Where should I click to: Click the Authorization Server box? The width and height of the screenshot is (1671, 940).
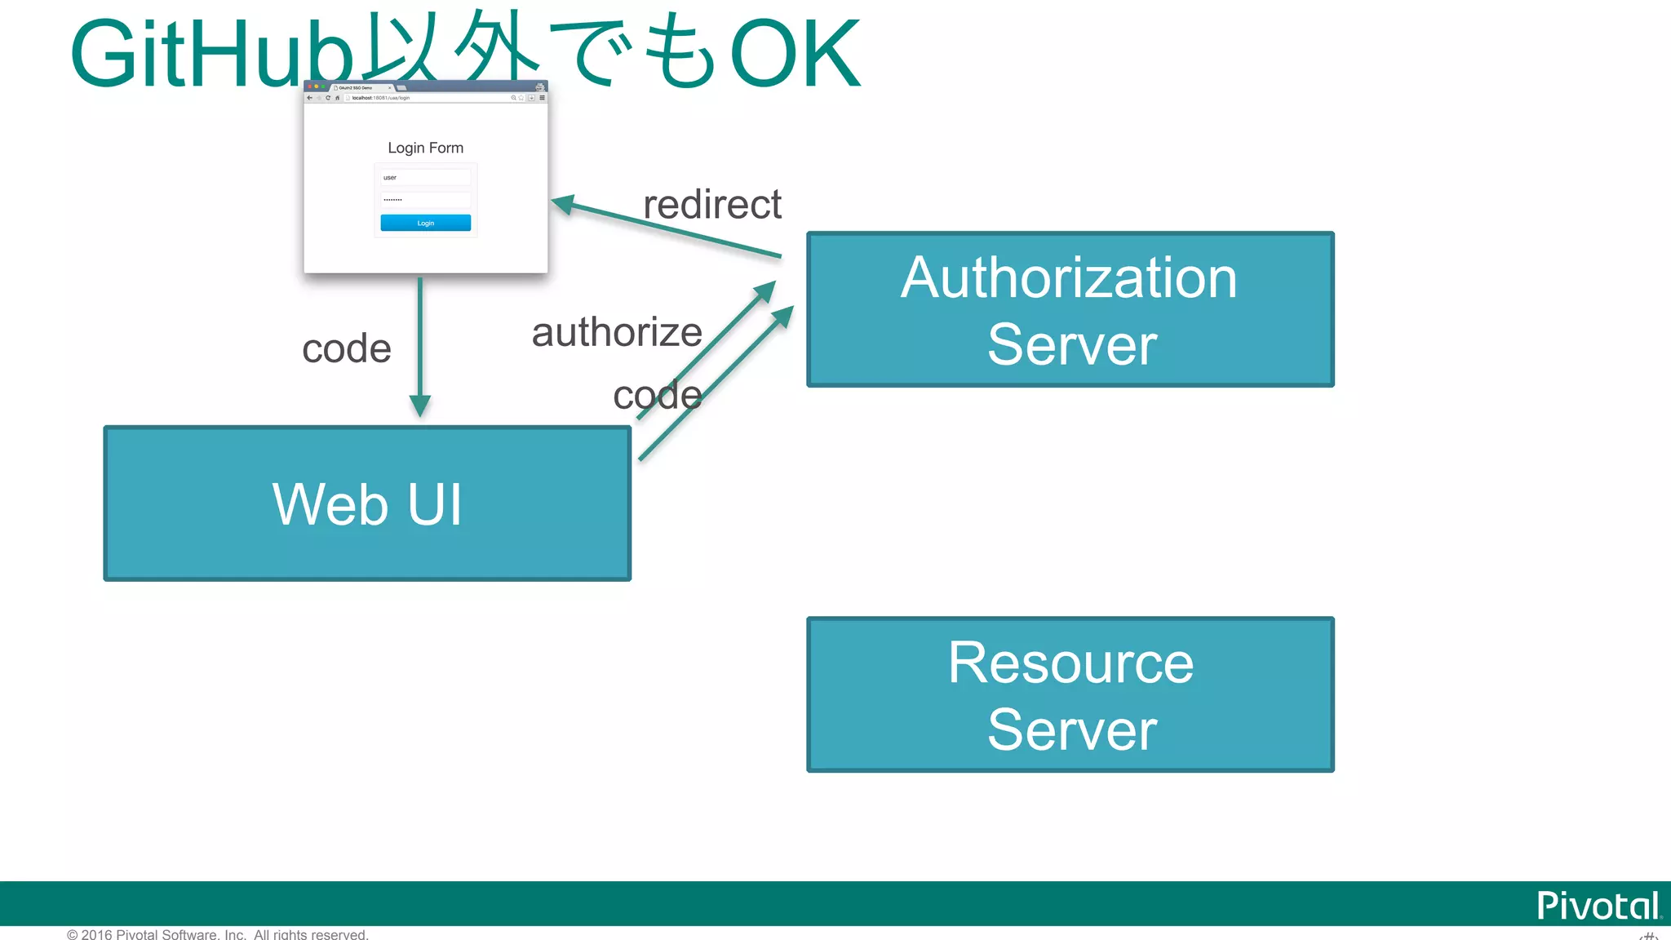click(x=1070, y=309)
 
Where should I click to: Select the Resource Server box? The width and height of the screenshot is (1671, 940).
click(x=1070, y=694)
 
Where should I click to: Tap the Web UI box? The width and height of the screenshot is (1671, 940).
click(x=367, y=503)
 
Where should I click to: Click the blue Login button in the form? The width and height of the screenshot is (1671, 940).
click(x=425, y=223)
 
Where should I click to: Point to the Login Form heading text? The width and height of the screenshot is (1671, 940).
click(x=425, y=148)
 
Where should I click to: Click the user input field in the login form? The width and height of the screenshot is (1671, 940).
click(x=425, y=177)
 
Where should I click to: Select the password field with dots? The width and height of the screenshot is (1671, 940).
click(x=425, y=199)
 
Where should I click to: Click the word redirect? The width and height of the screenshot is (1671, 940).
click(x=711, y=204)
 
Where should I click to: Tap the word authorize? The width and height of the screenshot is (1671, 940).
click(x=617, y=332)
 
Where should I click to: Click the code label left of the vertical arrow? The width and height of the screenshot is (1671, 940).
click(x=347, y=348)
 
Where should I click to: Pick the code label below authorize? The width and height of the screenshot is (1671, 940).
click(x=657, y=396)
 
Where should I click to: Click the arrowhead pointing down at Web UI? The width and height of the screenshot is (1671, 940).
click(x=419, y=406)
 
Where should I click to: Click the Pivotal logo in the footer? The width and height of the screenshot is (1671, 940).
click(x=1597, y=906)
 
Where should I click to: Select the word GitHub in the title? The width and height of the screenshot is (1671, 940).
click(x=212, y=54)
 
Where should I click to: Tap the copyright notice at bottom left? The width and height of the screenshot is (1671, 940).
click(x=218, y=934)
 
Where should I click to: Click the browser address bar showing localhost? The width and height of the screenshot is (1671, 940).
click(x=424, y=98)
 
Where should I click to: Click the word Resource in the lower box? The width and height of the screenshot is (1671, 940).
click(x=1070, y=663)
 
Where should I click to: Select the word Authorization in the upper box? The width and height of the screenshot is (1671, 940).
click(x=1069, y=277)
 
